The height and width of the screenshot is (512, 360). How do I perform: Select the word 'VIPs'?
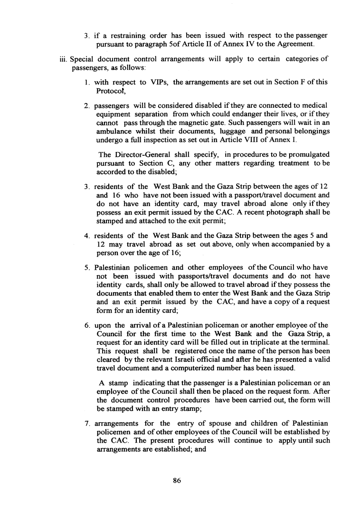pos(157,82)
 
